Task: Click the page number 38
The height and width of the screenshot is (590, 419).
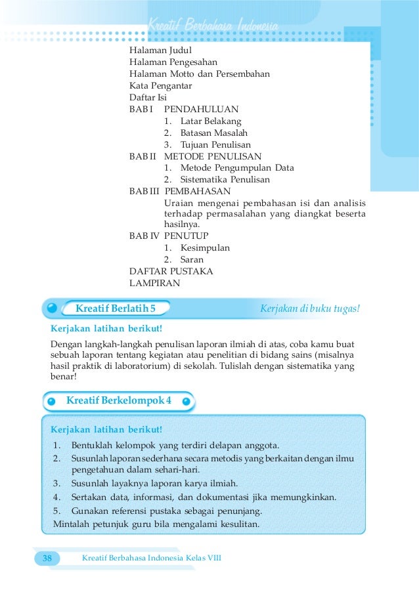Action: tap(47, 558)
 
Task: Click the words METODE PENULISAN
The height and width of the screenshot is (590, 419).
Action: tap(212, 156)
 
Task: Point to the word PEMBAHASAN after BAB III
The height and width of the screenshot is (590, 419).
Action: tap(197, 191)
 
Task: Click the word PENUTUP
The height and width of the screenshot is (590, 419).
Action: tap(186, 236)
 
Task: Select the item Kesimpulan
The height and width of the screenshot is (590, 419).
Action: tap(205, 248)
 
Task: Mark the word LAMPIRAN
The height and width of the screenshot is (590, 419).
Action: tap(154, 283)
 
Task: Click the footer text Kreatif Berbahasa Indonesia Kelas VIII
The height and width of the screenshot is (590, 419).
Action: tap(151, 558)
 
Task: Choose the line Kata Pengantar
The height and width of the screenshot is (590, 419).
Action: tap(160, 86)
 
